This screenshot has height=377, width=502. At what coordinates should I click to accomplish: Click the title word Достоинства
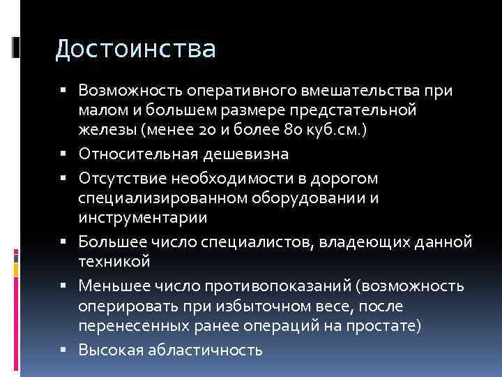pyautogui.click(x=136, y=49)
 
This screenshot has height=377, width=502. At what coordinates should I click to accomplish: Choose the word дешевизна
pyautogui.click(x=250, y=153)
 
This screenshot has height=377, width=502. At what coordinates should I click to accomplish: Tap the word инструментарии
pyautogui.click(x=143, y=217)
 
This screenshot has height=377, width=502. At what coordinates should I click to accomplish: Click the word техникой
pyautogui.click(x=114, y=260)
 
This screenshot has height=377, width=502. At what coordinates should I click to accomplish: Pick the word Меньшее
pyautogui.click(x=113, y=286)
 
